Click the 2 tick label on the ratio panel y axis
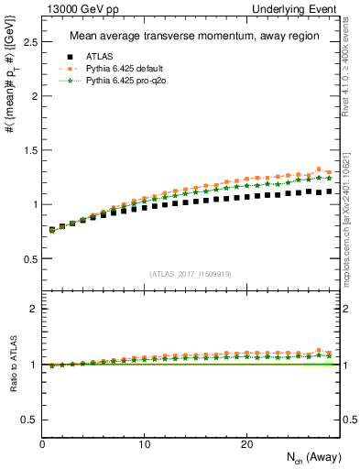(34, 309)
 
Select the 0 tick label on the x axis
(42, 444)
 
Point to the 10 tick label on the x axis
(144, 444)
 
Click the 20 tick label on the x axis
(245, 444)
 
